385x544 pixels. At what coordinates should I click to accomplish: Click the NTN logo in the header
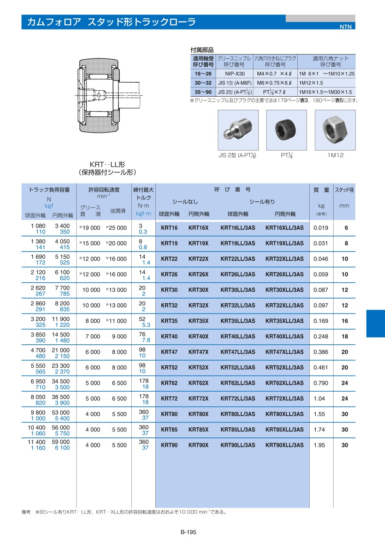coord(345,27)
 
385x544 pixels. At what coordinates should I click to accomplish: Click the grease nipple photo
coord(238,130)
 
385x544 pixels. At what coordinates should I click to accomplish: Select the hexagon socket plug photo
coord(287,130)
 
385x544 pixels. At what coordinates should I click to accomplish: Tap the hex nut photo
coord(335,130)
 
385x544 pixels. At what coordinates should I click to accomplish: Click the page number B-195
coord(188,532)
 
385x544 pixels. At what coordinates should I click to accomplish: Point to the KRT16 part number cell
coord(169,228)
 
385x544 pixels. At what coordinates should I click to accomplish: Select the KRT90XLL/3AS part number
coord(284,445)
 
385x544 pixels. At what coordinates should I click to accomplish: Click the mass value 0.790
coord(321,383)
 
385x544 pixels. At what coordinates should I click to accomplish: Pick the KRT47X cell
coord(198,352)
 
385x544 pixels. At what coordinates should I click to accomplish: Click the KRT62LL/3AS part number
coord(237,383)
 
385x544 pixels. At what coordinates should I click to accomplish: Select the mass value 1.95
coord(320,445)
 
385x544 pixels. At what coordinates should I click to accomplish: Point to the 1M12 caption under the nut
coord(335,155)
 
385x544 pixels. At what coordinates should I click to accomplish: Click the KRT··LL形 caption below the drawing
coord(107,164)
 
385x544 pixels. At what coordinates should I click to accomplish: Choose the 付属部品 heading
coord(201,50)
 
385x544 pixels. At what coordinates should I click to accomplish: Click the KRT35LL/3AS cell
coord(237,321)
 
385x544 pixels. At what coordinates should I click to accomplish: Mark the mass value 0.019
coord(321,228)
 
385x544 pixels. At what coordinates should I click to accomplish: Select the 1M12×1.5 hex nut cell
coord(311,83)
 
